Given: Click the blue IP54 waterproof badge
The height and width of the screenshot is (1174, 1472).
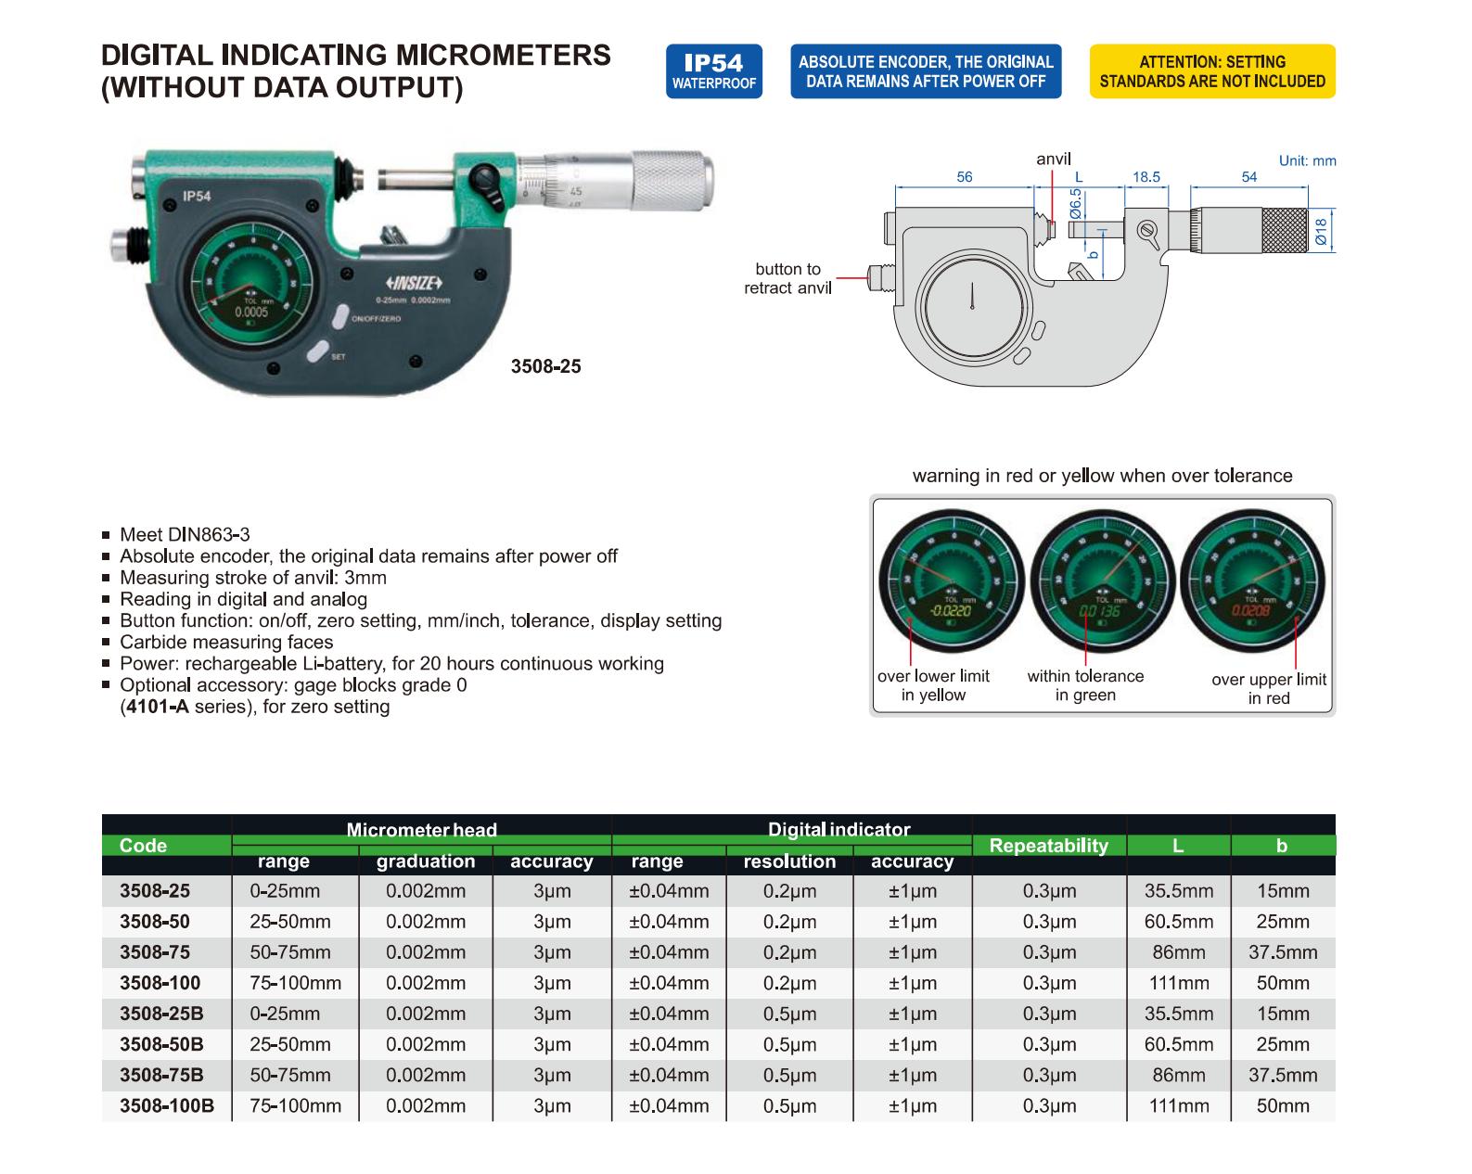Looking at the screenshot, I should [713, 71].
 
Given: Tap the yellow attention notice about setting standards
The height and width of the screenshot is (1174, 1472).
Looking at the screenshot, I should [1212, 71].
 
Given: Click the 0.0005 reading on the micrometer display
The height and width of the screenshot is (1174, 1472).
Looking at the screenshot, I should [251, 313].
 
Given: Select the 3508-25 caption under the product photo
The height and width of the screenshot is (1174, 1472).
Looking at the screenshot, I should [546, 366].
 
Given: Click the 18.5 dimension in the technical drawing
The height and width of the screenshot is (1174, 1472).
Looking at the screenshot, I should [1146, 177].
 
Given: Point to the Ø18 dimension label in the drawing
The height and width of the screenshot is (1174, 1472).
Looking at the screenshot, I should [1321, 231].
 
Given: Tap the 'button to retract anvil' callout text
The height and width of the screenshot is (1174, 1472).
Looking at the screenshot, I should [787, 278].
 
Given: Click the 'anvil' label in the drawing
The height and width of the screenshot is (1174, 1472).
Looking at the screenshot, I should [1053, 160].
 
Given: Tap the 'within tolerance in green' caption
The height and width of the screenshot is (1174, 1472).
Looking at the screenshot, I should [1085, 685].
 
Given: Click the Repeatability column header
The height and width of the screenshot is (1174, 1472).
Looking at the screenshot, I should [1048, 846].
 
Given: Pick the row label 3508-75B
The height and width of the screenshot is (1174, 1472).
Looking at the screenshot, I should [161, 1075].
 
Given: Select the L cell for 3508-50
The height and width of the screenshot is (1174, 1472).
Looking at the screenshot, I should [1178, 922].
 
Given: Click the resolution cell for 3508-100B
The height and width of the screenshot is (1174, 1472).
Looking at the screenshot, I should [789, 1105].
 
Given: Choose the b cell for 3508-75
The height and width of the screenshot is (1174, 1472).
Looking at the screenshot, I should [1282, 952].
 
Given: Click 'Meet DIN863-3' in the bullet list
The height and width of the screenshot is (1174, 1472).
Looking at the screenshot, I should [185, 534].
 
